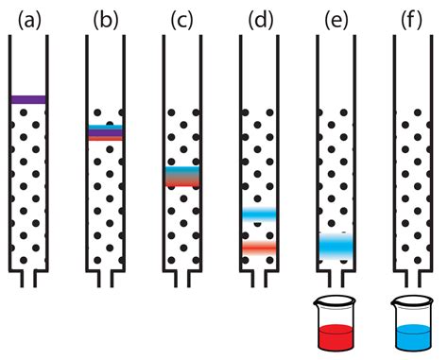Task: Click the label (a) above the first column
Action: [x=28, y=19]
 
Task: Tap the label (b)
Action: [x=106, y=19]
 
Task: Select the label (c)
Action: [x=182, y=19]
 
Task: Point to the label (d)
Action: [x=260, y=19]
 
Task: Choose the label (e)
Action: [x=336, y=19]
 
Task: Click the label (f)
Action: [x=413, y=19]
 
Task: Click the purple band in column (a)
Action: [x=28, y=98]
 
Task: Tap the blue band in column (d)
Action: [x=259, y=214]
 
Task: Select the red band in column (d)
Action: [x=259, y=248]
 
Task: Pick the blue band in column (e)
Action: [x=336, y=246]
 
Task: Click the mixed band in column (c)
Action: [x=182, y=177]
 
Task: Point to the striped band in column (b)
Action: [x=106, y=133]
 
